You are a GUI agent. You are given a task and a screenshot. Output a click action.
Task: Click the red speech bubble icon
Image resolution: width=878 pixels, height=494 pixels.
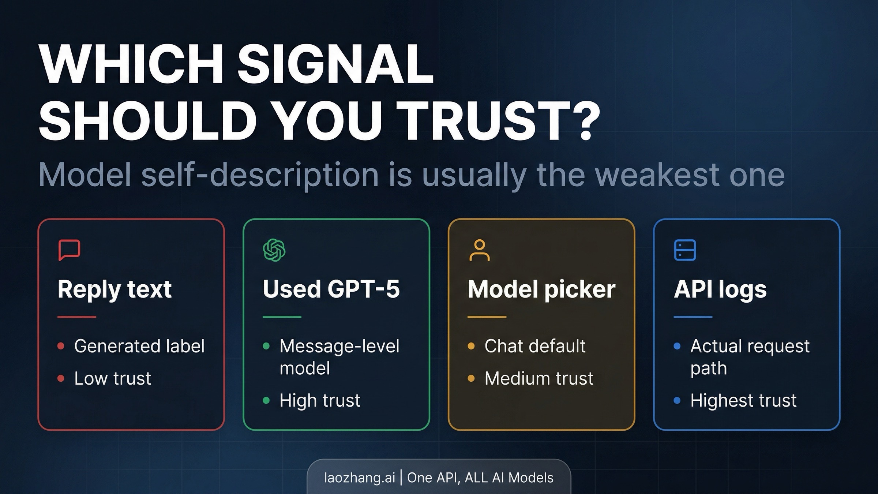(x=69, y=250)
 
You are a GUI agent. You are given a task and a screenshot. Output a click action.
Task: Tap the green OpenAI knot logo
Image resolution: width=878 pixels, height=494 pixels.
(x=274, y=250)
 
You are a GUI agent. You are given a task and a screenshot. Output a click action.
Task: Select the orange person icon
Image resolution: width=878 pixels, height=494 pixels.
(x=479, y=250)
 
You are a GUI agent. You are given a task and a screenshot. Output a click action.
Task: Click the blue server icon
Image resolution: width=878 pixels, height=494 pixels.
(x=685, y=250)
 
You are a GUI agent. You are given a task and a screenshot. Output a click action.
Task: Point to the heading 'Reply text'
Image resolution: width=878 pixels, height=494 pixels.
(x=115, y=289)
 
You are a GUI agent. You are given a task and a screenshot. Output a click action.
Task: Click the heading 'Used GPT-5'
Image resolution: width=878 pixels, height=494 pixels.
(x=331, y=289)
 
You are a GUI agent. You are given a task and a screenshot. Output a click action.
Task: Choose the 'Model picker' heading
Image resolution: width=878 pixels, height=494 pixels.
(x=541, y=289)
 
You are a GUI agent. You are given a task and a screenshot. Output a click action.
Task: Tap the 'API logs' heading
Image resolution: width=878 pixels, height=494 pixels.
(x=720, y=289)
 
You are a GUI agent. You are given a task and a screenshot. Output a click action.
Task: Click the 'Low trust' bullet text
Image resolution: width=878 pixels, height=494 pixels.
(x=113, y=378)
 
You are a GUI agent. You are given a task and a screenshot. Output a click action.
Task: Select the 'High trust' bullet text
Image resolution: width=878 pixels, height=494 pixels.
(x=320, y=400)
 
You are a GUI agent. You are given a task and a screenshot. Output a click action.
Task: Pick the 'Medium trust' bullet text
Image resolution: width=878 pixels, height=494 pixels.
(x=539, y=378)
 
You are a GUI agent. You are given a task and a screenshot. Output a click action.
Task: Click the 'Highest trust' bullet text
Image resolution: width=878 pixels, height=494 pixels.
(x=743, y=400)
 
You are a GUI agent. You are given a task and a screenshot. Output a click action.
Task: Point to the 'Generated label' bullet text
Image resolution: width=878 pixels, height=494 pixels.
(x=139, y=346)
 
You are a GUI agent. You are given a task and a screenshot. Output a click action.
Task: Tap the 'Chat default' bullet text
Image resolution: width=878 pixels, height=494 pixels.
(x=535, y=346)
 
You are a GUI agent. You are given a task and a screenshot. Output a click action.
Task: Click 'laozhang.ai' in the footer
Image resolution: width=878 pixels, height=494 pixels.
(x=360, y=478)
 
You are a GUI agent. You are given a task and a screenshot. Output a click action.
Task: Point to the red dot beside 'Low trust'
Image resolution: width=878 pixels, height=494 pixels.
(x=61, y=378)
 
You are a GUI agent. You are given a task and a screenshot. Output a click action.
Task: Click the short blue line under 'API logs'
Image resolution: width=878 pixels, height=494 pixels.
(x=693, y=317)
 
